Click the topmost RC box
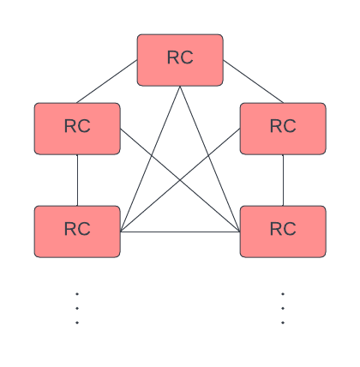[x=180, y=60]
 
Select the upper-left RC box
[x=77, y=129]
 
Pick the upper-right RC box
[x=283, y=129]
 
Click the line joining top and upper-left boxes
[x=107, y=82]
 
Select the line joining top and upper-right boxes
[x=253, y=82]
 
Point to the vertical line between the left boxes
[x=77, y=180]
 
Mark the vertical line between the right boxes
[x=283, y=180]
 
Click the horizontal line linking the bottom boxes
[x=180, y=232]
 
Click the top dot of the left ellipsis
[x=77, y=294]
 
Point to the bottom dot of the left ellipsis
[x=77, y=323]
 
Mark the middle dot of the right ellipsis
[x=283, y=309]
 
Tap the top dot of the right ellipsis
[x=283, y=294]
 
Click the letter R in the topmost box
[x=173, y=58]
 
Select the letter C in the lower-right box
[x=290, y=230]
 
